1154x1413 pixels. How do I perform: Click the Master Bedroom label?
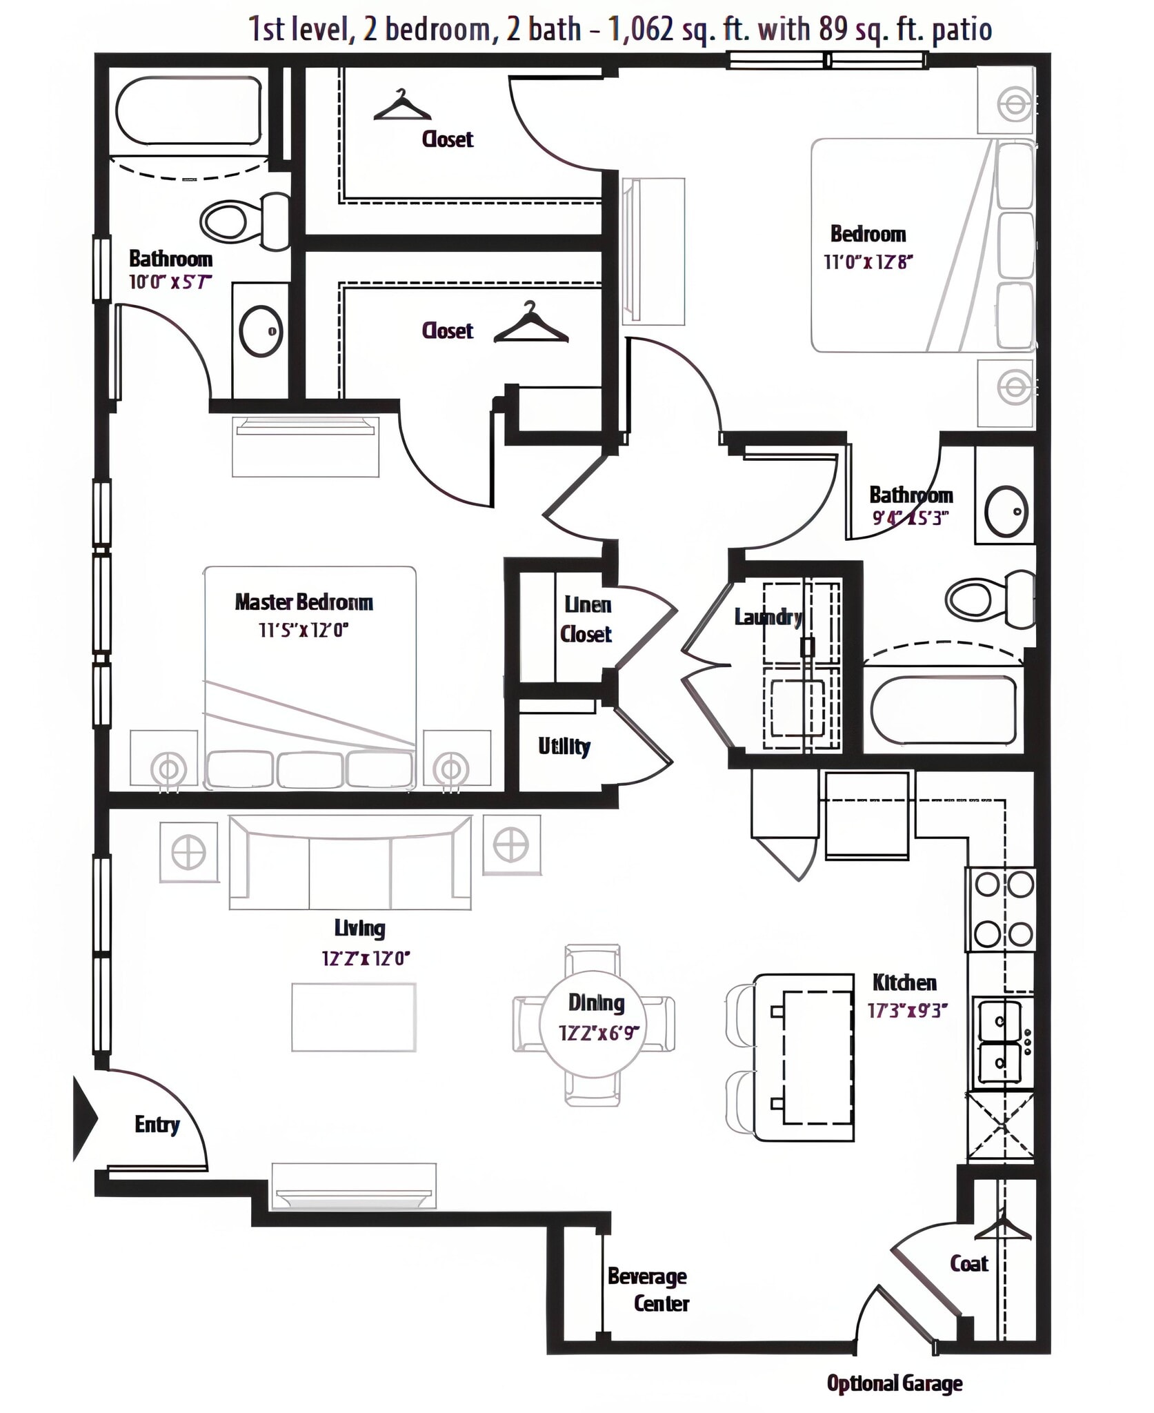[x=304, y=602]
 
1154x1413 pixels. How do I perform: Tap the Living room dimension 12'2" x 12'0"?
[x=366, y=958]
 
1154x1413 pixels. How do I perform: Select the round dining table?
[x=593, y=1024]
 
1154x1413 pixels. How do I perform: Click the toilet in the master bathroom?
[x=245, y=221]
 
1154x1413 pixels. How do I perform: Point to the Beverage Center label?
[x=648, y=1290]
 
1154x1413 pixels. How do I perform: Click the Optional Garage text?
[x=894, y=1383]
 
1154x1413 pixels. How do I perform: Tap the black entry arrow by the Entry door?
[x=85, y=1117]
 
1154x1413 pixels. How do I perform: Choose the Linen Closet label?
[x=586, y=619]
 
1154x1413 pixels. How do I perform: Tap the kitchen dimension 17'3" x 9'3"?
[x=907, y=1011]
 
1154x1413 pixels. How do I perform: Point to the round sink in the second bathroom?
[x=1006, y=511]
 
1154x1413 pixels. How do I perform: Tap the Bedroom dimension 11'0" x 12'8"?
[x=868, y=262]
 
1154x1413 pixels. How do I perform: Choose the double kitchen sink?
[x=1000, y=1042]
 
